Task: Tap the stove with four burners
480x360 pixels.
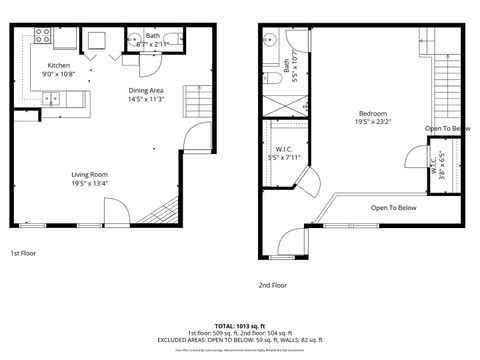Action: click(x=44, y=35)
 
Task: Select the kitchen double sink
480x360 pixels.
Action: click(x=51, y=97)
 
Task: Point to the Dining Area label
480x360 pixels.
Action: click(x=146, y=95)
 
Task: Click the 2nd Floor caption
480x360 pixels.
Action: click(x=272, y=285)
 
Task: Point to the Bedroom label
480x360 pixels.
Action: click(x=372, y=118)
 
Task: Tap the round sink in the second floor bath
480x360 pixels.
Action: click(x=269, y=40)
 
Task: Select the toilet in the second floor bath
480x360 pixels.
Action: click(x=272, y=77)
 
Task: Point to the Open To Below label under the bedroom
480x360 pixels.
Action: click(x=393, y=208)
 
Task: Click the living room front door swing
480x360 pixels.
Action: click(x=114, y=210)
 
